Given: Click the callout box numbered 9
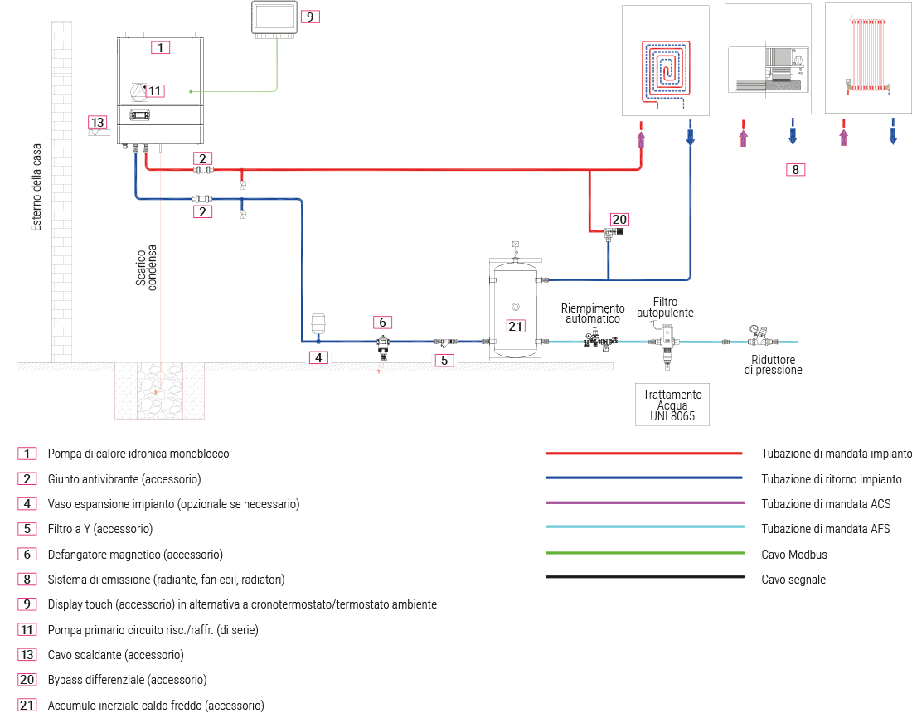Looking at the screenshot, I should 309,16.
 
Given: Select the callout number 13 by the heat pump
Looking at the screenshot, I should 98,123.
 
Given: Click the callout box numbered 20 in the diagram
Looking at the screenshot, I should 619,220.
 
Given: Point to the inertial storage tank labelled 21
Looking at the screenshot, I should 515,308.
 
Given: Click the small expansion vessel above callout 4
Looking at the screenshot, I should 318,323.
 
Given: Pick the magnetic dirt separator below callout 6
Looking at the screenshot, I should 382,343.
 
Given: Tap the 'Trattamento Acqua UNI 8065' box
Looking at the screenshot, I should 672,406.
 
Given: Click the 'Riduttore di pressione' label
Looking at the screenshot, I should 773,365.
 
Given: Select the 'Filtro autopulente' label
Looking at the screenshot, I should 665,308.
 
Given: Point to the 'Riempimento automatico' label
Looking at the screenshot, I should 593,313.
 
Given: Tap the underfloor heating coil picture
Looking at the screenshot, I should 665,70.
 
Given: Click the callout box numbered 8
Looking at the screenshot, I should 794,170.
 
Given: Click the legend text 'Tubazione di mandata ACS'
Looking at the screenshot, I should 825,504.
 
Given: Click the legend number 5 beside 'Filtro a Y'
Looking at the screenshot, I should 27,529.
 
